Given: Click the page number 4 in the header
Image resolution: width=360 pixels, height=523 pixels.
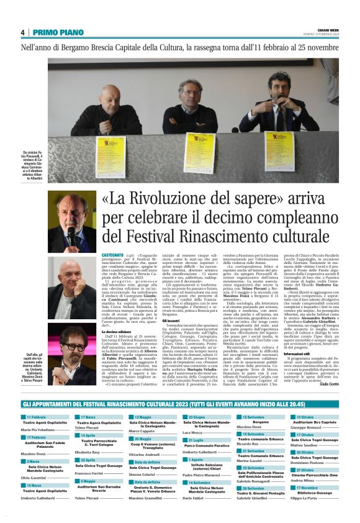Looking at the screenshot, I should [23, 32].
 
